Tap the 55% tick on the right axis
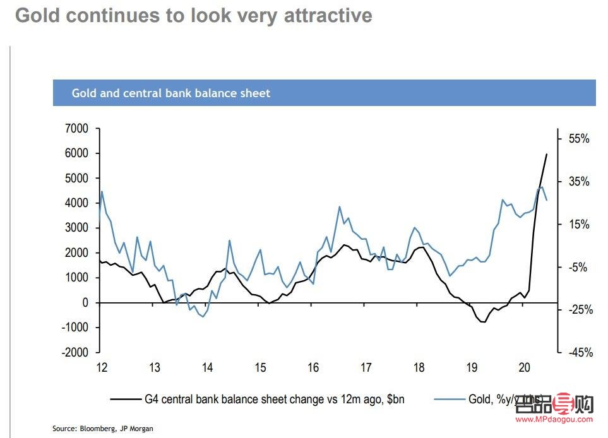click(577, 139)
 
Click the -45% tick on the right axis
click(577, 353)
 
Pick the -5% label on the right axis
click(577, 267)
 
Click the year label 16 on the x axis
click(313, 368)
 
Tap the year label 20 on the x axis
click(524, 368)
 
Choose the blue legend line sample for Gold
click(450, 399)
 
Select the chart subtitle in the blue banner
click(171, 93)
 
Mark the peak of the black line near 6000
click(546, 154)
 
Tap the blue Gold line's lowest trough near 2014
click(203, 316)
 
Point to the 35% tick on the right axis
click(577, 182)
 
